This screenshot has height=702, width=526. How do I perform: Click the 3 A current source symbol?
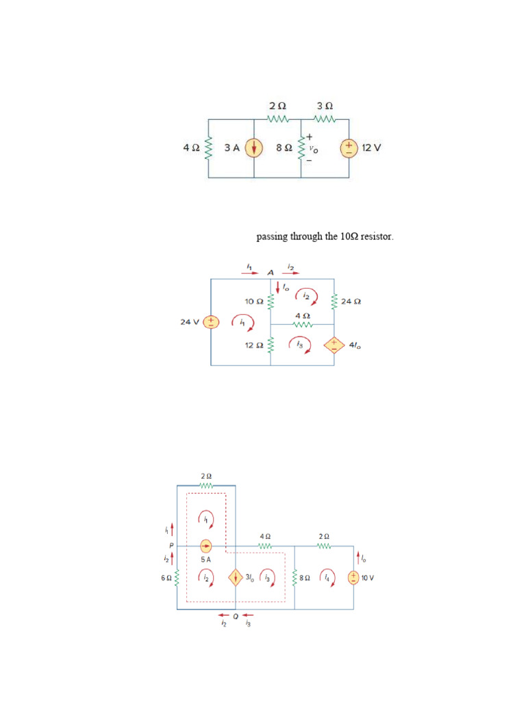point(254,148)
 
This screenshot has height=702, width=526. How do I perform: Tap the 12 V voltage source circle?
point(349,148)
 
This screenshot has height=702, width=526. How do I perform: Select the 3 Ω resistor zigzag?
point(325,119)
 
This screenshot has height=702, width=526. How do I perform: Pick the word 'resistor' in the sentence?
point(377,237)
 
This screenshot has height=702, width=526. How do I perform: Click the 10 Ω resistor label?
point(254,301)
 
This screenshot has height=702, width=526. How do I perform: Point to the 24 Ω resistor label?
point(351,301)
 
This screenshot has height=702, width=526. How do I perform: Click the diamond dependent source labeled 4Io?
point(334,345)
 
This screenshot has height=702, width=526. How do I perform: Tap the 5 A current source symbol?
point(205,546)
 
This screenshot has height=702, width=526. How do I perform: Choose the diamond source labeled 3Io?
point(235,577)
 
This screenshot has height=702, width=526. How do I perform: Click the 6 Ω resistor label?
point(166,578)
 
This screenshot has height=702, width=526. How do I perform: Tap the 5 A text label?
point(205,559)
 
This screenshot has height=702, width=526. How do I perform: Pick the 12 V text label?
point(371,148)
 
